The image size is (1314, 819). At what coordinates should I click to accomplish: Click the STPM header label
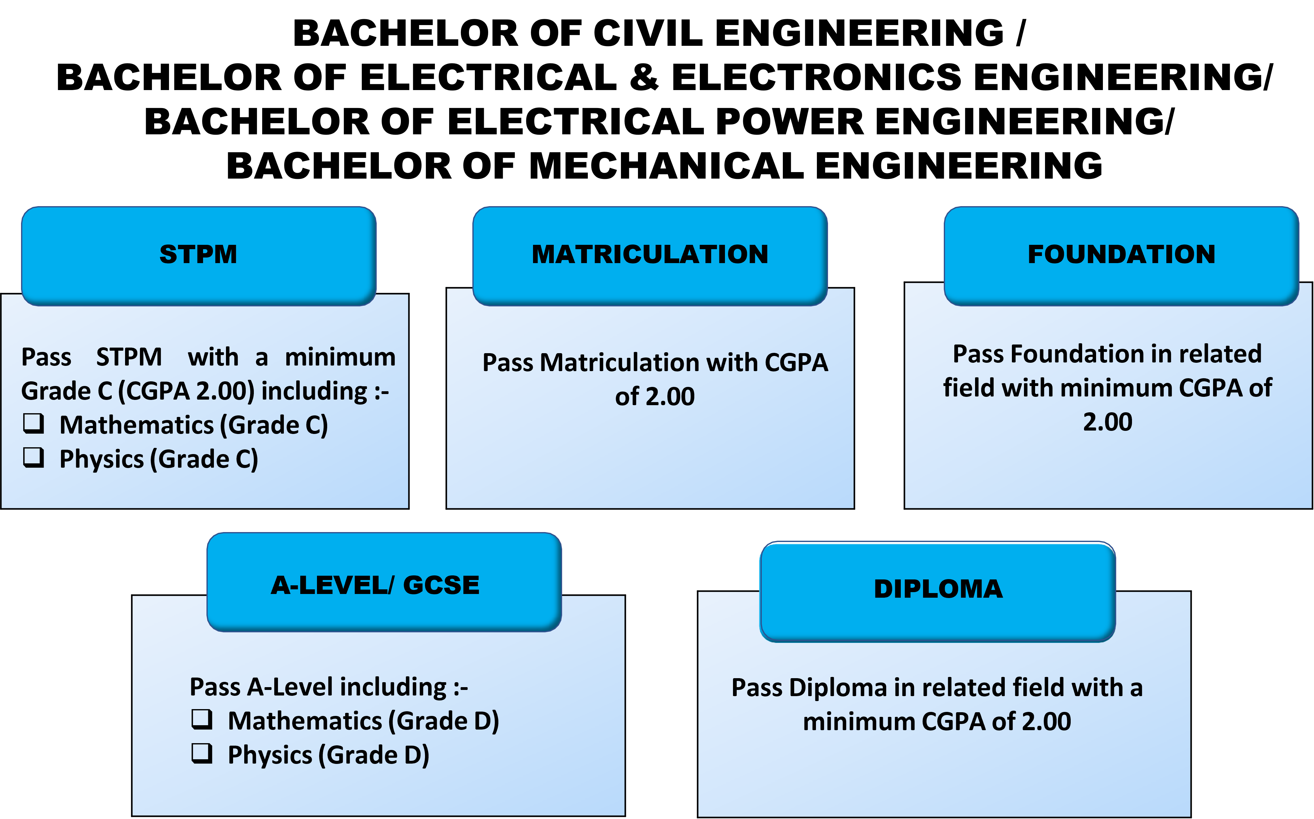[x=198, y=254]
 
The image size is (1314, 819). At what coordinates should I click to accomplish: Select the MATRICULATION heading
[x=650, y=254]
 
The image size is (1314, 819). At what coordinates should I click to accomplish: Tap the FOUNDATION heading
[x=1121, y=254]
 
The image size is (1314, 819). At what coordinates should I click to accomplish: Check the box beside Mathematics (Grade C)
[x=33, y=423]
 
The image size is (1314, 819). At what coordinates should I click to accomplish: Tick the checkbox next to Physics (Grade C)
[x=33, y=458]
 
